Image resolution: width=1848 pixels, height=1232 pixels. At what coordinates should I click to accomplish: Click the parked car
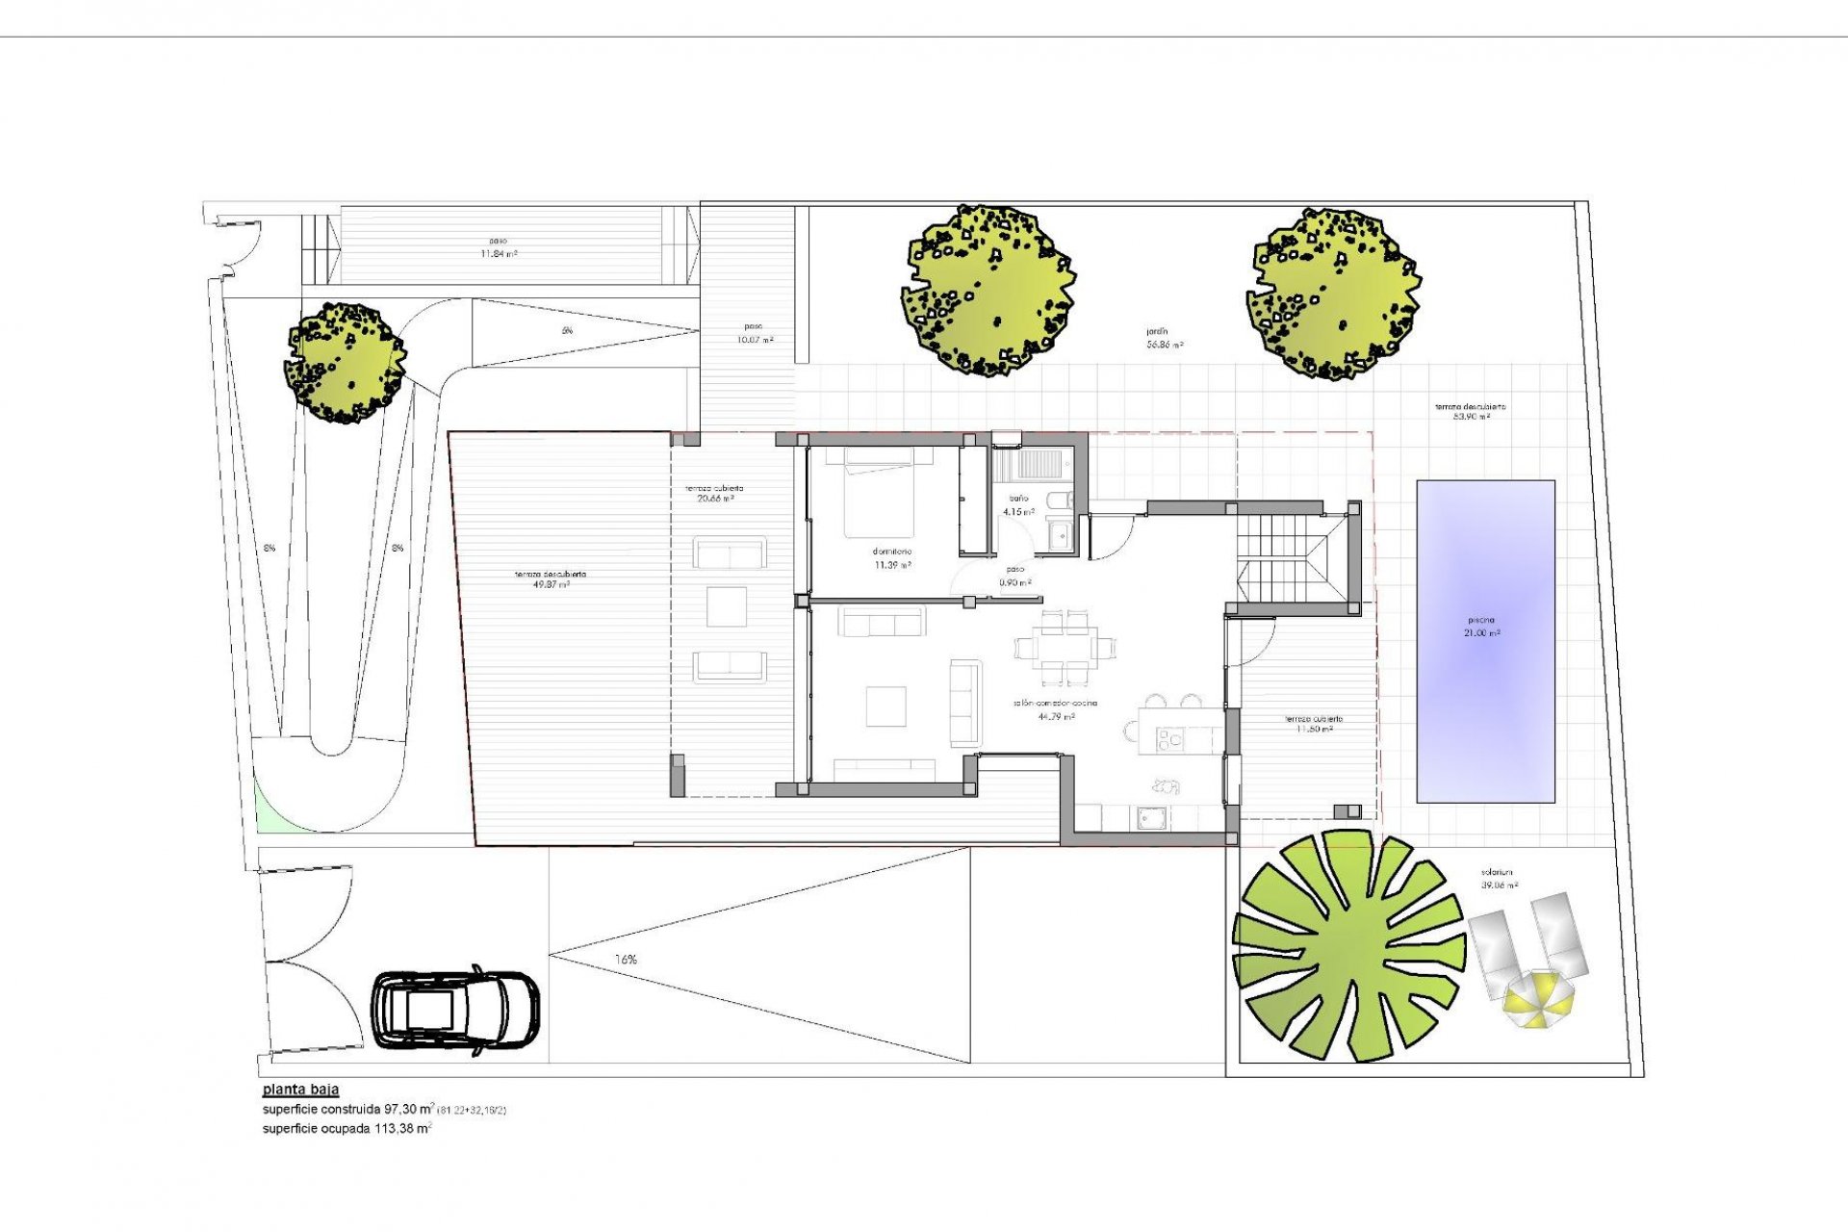(456, 1011)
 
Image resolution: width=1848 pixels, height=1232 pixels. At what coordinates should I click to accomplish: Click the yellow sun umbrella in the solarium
(1538, 1000)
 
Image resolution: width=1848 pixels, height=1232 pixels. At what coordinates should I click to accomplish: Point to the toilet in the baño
(1059, 500)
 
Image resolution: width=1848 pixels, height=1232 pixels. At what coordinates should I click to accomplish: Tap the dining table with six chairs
(1064, 646)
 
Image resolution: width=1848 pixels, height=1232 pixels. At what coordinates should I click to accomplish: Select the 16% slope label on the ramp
(626, 960)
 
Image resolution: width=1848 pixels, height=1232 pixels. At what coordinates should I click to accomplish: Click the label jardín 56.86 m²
(1164, 338)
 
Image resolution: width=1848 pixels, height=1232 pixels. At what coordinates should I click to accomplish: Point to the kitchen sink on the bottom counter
(1152, 817)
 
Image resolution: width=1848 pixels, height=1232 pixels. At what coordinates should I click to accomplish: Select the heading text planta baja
(300, 1091)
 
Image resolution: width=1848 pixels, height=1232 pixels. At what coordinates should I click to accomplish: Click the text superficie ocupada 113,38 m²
(346, 1129)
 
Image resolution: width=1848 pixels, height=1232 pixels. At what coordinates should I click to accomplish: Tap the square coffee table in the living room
(885, 706)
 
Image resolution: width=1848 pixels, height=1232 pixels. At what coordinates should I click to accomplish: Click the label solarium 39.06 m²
(1500, 879)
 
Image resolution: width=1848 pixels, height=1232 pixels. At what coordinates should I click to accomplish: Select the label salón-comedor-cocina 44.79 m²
(1055, 709)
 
